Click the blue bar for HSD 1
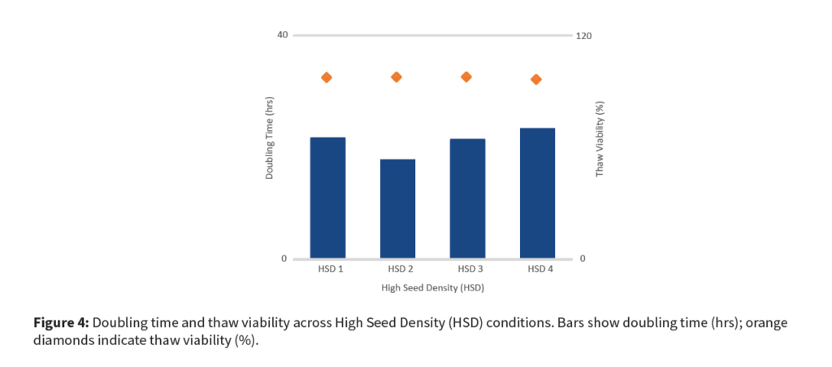(x=327, y=198)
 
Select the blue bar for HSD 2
(x=397, y=208)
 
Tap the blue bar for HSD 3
(x=467, y=199)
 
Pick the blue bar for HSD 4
(x=536, y=193)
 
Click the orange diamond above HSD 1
(x=327, y=77)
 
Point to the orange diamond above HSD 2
(x=396, y=76)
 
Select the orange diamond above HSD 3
(x=466, y=76)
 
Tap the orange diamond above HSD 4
(x=536, y=79)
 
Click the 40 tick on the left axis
(x=282, y=35)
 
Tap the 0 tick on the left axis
(x=284, y=259)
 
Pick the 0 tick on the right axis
(x=583, y=259)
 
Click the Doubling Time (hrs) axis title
(x=269, y=138)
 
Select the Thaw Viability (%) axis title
(x=600, y=138)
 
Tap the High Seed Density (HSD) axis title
(x=433, y=288)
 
